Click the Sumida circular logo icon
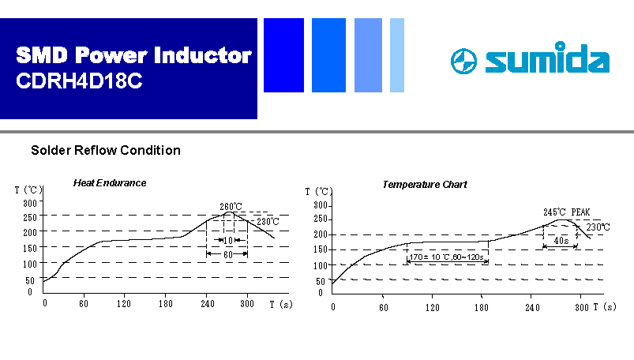(x=463, y=61)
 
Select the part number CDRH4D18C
(x=79, y=81)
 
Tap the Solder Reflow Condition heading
(x=106, y=151)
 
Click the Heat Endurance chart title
(x=110, y=183)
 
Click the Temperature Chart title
(x=425, y=185)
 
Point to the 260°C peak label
(x=231, y=206)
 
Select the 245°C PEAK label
(x=566, y=212)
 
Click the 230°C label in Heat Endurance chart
(x=268, y=222)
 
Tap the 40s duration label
(x=561, y=241)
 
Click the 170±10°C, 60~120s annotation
(x=446, y=257)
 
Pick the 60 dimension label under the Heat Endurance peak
(x=228, y=254)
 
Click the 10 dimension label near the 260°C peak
(x=228, y=240)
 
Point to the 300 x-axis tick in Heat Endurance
(x=247, y=304)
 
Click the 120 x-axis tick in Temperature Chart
(x=432, y=308)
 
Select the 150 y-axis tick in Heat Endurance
(x=30, y=248)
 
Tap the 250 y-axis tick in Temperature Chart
(x=321, y=219)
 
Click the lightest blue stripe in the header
(x=397, y=55)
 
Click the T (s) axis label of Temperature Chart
(x=605, y=307)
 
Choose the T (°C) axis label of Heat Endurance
(x=28, y=189)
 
